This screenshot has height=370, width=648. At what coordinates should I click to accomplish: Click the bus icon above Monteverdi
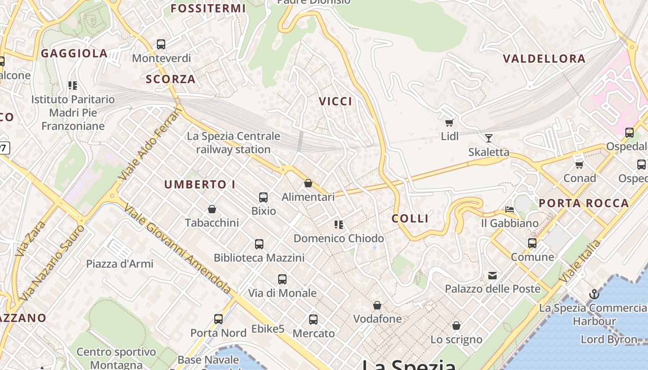pos(161,44)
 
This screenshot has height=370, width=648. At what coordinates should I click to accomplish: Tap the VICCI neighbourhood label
pos(336,101)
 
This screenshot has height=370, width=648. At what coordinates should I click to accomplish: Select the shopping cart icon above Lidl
pos(449,123)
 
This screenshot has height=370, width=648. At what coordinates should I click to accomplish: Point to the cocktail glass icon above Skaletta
pos(488,138)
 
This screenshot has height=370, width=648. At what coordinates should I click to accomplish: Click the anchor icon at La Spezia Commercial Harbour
pos(594,294)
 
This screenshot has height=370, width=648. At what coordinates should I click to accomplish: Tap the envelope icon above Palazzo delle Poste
pos(492,276)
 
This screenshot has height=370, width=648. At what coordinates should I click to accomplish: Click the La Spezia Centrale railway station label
pos(233,143)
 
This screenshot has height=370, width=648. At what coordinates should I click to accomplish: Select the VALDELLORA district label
pos(544,59)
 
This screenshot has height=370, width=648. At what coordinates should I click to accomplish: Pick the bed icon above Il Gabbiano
pos(510,210)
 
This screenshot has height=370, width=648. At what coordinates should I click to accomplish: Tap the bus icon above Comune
pos(532,243)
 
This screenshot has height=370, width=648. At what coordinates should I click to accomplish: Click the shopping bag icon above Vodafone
pos(377,305)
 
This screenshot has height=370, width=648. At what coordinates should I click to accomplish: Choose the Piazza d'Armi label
pos(119,264)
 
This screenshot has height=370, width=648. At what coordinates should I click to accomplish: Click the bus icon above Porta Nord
pos(218,319)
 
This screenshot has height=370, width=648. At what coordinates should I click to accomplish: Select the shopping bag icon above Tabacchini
pos(212,210)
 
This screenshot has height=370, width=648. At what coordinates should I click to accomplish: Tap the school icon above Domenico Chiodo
pos(339,225)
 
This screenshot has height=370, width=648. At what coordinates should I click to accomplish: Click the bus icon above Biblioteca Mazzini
pos(259,244)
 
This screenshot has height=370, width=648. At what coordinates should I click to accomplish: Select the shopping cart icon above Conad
pos(579,165)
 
